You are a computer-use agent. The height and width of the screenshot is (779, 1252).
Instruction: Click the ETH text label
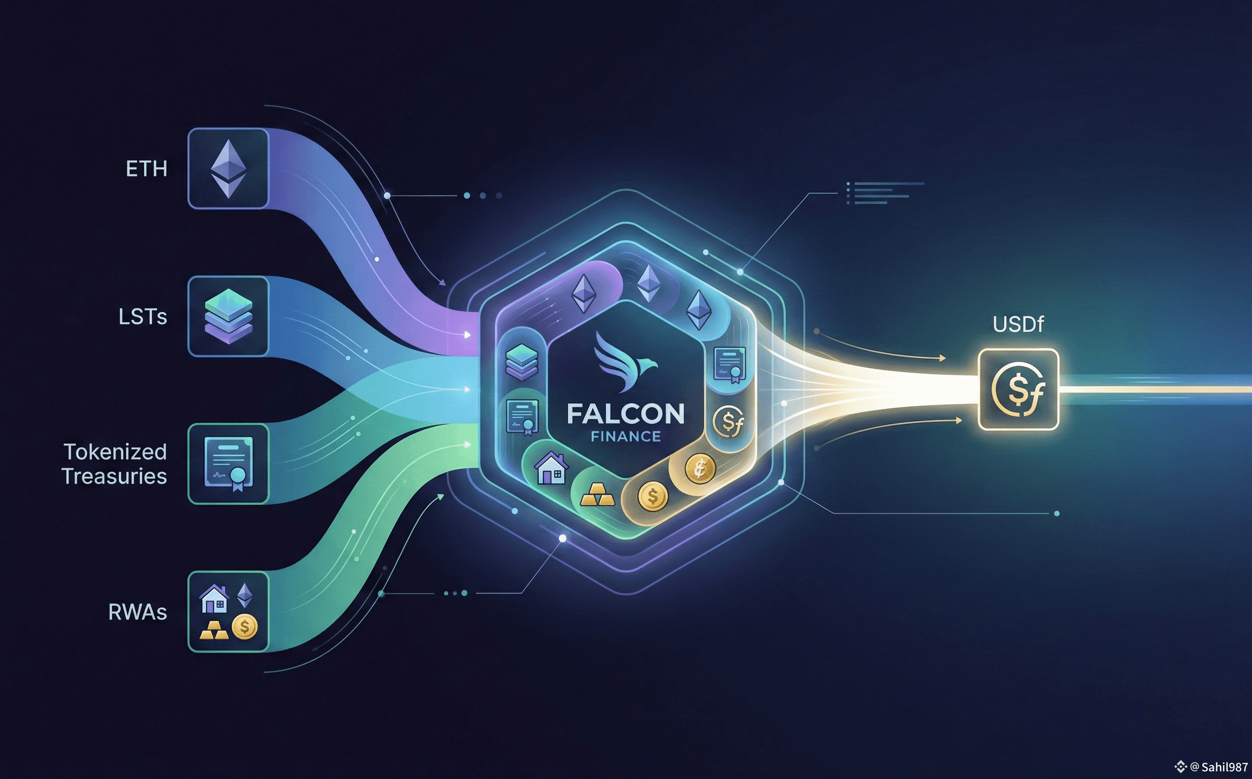(x=147, y=169)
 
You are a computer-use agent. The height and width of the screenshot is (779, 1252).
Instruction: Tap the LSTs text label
(x=143, y=317)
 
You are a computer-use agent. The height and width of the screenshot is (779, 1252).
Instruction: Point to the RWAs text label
(x=137, y=612)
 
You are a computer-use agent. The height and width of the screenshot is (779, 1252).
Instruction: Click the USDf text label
(x=1018, y=325)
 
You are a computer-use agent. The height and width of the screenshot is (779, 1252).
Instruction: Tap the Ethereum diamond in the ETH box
(x=228, y=168)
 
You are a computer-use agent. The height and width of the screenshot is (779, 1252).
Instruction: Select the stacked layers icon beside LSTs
(x=228, y=316)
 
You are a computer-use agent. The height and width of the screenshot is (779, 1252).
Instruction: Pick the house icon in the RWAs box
(x=214, y=598)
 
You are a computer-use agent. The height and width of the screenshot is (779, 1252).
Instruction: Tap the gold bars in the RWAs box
(x=214, y=629)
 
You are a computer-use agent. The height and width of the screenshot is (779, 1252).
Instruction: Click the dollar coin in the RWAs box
(x=245, y=627)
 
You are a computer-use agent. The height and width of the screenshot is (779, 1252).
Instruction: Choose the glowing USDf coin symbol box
(x=1018, y=389)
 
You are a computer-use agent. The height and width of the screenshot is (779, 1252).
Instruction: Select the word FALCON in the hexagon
(x=626, y=414)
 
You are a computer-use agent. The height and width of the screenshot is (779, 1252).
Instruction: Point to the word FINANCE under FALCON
(x=626, y=437)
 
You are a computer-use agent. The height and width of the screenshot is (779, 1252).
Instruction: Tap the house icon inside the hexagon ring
(x=551, y=468)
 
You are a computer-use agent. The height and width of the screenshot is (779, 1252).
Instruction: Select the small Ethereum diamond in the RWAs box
(x=244, y=595)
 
